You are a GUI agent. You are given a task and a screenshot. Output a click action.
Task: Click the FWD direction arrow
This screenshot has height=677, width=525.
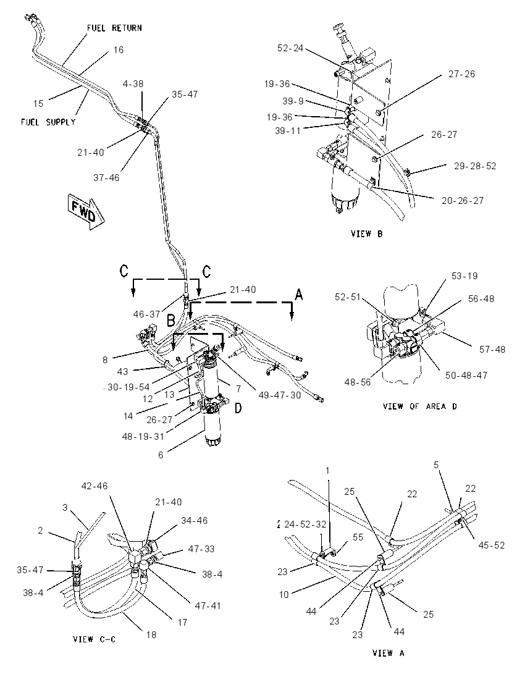(86, 210)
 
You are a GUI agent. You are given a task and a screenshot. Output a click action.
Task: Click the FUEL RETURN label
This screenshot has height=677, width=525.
(114, 28)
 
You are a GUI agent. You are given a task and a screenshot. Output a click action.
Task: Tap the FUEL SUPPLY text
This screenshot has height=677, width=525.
(48, 122)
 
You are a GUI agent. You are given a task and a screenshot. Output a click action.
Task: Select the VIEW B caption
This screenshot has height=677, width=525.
(366, 233)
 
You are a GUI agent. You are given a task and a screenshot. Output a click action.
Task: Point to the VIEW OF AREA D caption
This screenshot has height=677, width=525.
(419, 406)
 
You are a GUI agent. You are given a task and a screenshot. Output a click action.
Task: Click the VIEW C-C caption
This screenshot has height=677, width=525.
(94, 639)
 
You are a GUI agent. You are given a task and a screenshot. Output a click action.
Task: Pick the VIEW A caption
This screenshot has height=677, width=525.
(388, 653)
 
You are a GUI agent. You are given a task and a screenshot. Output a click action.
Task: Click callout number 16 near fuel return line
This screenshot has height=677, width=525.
(119, 49)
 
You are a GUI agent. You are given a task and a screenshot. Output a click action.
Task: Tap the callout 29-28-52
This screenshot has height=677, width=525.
(475, 166)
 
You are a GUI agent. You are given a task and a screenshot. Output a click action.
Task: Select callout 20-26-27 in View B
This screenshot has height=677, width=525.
(463, 200)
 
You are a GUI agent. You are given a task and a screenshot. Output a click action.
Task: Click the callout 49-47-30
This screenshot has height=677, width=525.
(280, 395)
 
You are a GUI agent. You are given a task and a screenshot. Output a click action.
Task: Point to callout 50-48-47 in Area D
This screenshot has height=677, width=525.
(466, 375)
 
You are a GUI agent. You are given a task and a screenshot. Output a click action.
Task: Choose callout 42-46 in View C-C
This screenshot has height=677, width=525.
(94, 486)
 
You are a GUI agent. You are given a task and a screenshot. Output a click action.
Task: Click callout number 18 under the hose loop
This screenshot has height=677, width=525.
(151, 634)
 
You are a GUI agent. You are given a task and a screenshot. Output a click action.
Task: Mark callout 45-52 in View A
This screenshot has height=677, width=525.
(491, 545)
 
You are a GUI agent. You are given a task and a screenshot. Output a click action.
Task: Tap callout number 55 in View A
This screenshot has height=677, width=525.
(358, 537)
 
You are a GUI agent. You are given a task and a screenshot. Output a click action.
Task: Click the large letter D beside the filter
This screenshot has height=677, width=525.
(238, 408)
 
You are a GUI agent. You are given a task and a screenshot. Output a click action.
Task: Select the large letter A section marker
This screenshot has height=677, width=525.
(298, 295)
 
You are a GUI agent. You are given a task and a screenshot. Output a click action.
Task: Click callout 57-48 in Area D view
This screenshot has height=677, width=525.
(492, 349)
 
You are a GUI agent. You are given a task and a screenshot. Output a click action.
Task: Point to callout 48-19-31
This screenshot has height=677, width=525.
(143, 436)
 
